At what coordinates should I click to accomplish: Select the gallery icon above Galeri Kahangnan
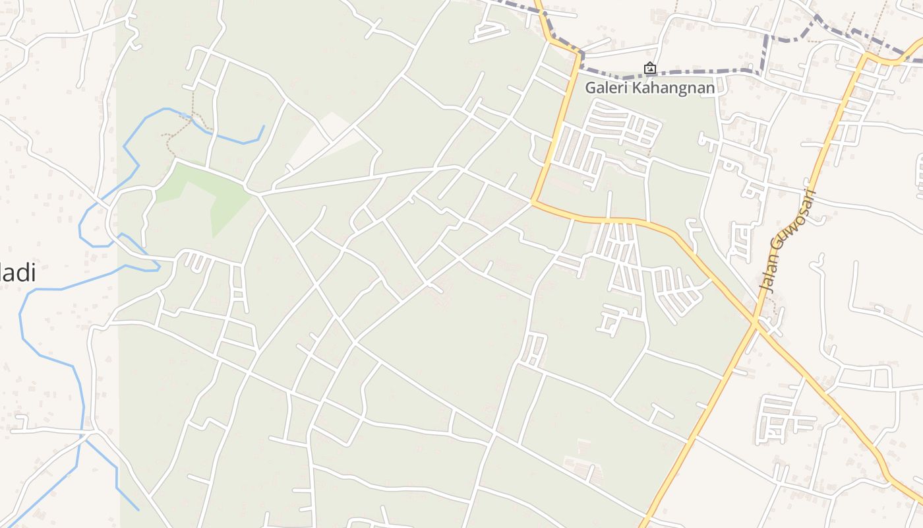click(649, 68)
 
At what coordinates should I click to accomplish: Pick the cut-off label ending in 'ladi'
click(17, 273)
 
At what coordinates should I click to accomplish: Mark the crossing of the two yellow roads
click(756, 321)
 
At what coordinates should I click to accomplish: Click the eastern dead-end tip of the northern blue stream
click(264, 126)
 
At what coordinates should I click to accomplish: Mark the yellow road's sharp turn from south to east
click(533, 201)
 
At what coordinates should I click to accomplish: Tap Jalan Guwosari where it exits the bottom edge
click(643, 526)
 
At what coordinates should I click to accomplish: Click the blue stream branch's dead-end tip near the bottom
click(138, 510)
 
